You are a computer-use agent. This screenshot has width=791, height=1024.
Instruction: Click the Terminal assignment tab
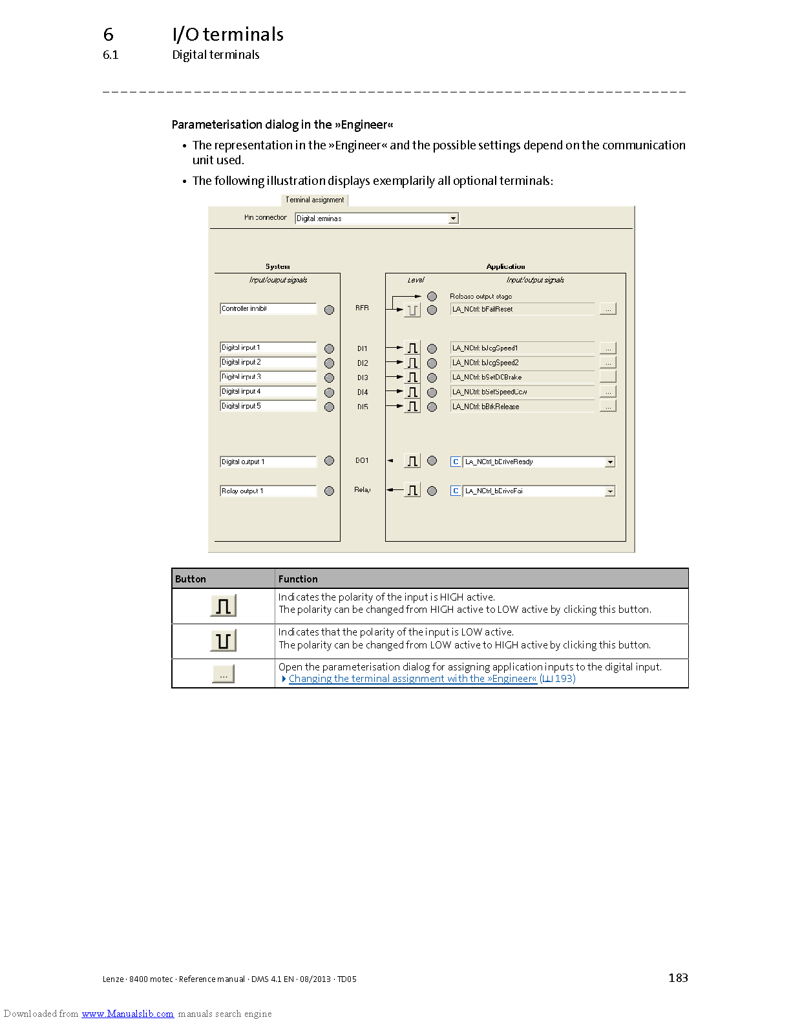tap(315, 200)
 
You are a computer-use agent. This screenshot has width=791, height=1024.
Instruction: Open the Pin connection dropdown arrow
tap(454, 219)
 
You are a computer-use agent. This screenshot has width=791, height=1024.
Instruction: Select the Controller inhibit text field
tap(268, 309)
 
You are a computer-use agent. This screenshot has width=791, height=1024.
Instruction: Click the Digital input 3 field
tap(268, 377)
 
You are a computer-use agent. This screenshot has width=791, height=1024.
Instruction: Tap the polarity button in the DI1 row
tap(412, 348)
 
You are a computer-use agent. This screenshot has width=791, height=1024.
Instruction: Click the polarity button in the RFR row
tap(412, 310)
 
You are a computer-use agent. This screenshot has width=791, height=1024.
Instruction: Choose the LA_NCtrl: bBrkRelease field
tap(522, 407)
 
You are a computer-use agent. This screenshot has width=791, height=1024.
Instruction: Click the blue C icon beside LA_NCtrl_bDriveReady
tap(456, 462)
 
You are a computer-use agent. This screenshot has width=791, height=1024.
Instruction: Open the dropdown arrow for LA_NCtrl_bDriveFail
tap(609, 491)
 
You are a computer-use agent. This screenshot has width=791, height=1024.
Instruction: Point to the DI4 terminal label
tap(363, 392)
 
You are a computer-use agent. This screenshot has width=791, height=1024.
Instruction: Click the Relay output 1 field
tap(268, 491)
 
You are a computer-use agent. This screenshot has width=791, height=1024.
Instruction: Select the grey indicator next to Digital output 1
tap(330, 461)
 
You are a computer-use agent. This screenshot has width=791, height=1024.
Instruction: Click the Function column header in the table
tap(298, 579)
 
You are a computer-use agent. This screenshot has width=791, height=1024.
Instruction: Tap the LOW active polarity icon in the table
tap(224, 641)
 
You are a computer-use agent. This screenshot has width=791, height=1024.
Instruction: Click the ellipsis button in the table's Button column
tap(224, 674)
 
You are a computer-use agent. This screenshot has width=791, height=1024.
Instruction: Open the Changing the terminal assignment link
tap(412, 679)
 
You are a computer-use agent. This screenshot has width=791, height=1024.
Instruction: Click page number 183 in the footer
tap(678, 978)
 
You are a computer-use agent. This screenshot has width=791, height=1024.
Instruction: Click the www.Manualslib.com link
tap(127, 1014)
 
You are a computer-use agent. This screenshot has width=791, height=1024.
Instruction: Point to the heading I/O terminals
tap(227, 34)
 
